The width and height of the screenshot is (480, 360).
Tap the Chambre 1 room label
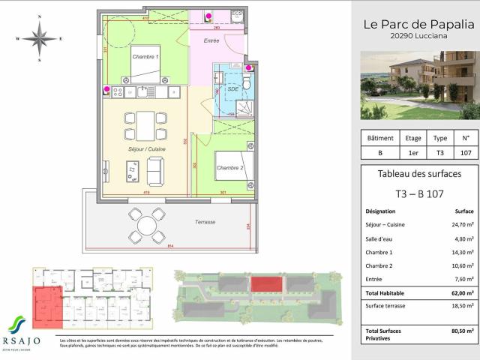[146, 57]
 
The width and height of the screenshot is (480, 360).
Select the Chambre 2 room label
[230, 166]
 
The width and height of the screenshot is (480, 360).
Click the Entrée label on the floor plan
[211, 40]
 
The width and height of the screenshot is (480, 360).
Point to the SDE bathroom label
[232, 88]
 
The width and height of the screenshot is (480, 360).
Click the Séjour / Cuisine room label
[146, 149]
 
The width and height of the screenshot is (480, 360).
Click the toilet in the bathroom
[248, 82]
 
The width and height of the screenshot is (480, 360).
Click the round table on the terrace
[145, 225]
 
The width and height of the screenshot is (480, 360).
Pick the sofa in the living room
[154, 172]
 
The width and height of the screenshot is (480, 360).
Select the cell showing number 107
[466, 152]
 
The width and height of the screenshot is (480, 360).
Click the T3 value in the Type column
[440, 152]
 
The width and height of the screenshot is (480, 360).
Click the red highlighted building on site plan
[264, 286]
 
